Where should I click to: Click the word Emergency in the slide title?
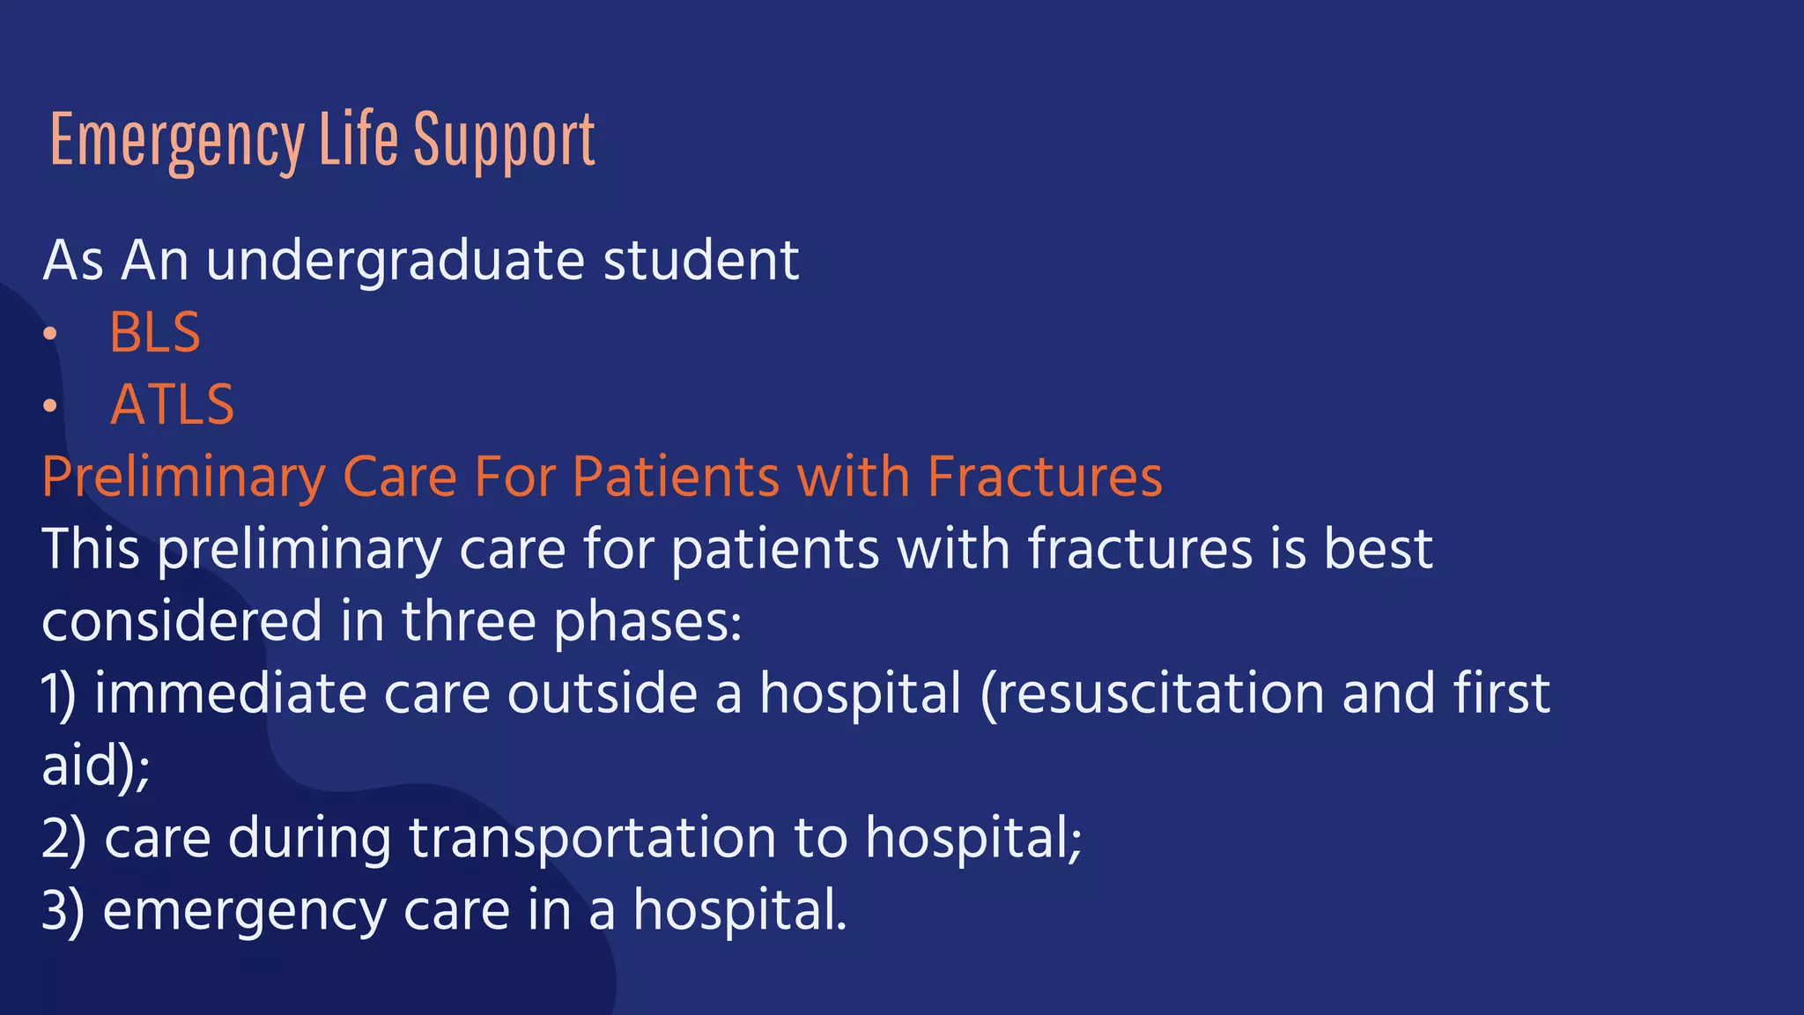(x=177, y=141)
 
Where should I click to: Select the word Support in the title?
(x=504, y=141)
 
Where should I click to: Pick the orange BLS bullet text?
(x=155, y=333)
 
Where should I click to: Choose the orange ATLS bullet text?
(x=173, y=405)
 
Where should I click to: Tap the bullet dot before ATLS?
(x=50, y=406)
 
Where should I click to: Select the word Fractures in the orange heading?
(x=1045, y=477)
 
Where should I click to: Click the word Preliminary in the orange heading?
(x=183, y=478)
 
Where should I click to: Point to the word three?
(x=469, y=621)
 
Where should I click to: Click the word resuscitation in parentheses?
(x=1152, y=693)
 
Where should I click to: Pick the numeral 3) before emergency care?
(x=63, y=910)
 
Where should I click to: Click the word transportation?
(x=592, y=838)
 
